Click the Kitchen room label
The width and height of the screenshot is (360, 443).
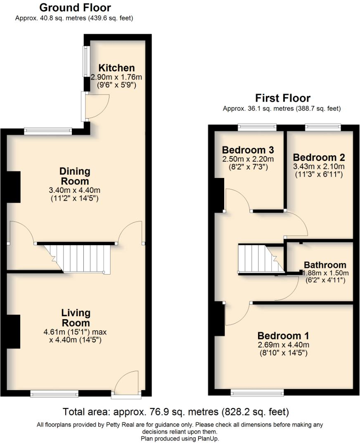(x=116, y=68)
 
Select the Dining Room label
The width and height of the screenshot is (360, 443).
(x=75, y=176)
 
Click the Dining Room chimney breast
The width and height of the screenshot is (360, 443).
(x=14, y=187)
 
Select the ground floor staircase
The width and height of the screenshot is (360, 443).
(x=78, y=258)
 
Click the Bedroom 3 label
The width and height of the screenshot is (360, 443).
(x=248, y=149)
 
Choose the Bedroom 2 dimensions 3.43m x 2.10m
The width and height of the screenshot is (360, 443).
(x=318, y=166)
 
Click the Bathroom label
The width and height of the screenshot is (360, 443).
(x=325, y=265)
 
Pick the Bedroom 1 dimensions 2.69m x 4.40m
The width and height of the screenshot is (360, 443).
(x=283, y=345)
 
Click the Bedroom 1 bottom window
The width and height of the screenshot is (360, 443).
(x=257, y=392)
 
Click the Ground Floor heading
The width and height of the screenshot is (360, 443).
(x=75, y=7)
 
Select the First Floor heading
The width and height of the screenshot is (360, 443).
(x=282, y=98)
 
